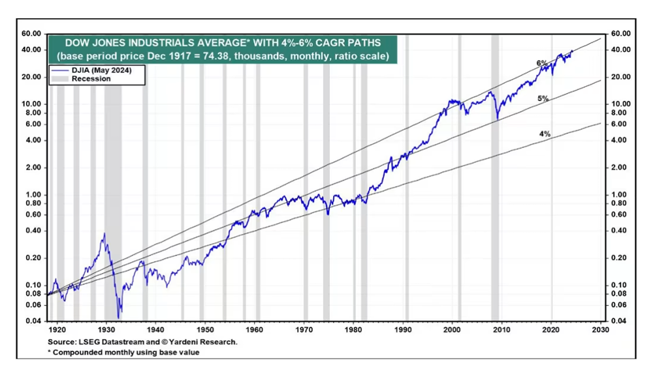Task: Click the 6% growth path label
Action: coord(541,63)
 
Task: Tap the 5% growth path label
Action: coord(543,98)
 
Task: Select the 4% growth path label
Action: coord(545,134)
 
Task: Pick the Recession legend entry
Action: coord(91,79)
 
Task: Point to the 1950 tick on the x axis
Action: coord(205,331)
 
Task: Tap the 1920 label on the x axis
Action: coord(57,331)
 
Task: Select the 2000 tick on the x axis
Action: coord(453,331)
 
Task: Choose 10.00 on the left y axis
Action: coord(32,104)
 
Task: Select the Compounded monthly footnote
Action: coord(123,352)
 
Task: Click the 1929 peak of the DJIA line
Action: coord(104,233)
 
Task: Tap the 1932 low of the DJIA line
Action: coord(119,317)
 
